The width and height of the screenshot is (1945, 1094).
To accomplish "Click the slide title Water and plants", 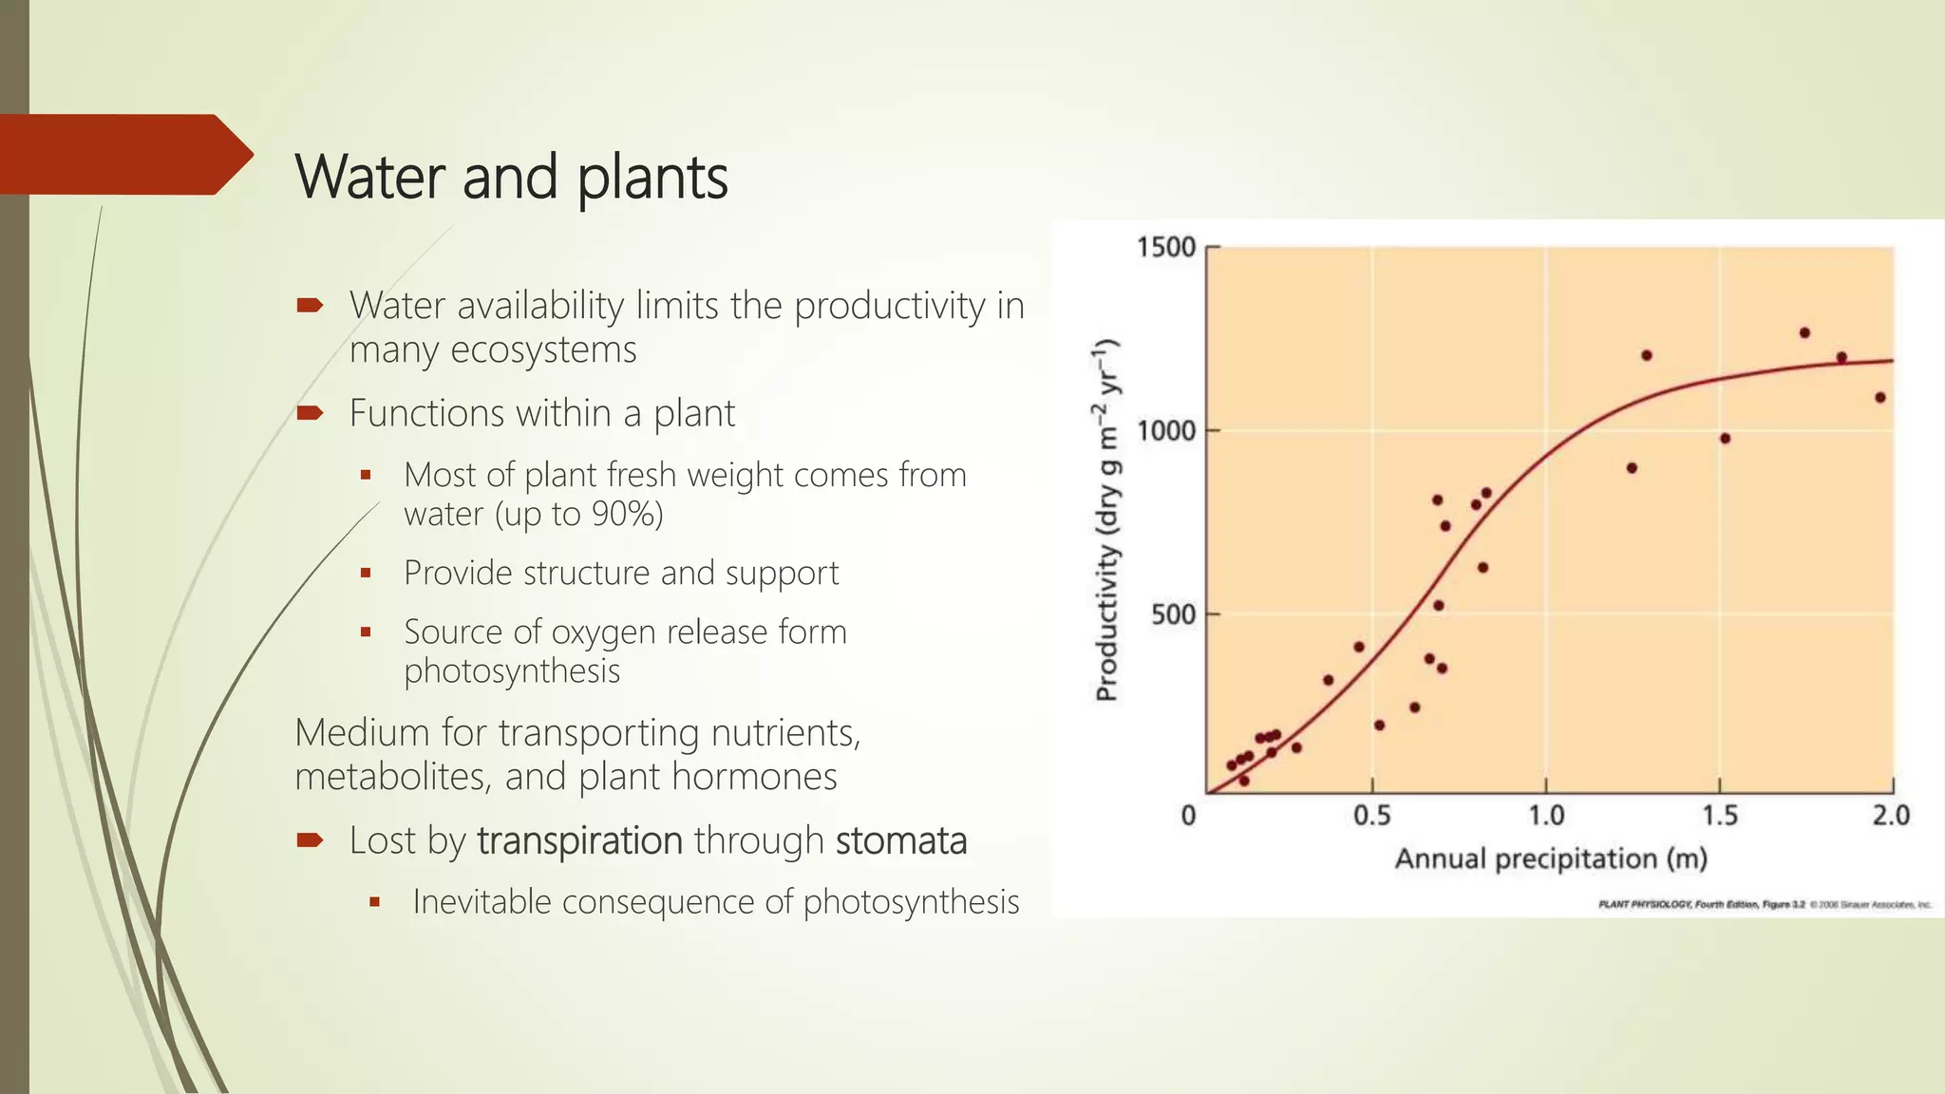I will [511, 177].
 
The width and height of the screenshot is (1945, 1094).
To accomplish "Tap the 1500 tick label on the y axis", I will [1165, 248].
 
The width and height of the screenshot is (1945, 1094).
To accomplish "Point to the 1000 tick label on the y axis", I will [1165, 431].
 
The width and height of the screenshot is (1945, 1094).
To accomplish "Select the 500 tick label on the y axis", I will [1172, 614].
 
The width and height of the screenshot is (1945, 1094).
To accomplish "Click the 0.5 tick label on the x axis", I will [1371, 816].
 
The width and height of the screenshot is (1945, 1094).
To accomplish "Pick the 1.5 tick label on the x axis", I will [1719, 816].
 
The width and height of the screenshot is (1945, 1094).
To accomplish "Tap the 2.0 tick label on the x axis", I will [1890, 816].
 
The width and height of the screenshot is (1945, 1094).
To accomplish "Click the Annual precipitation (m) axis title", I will [1550, 859].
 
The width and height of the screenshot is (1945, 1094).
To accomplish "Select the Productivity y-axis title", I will [1107, 520].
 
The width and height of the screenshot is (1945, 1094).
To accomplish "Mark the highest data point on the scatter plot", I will [1804, 333].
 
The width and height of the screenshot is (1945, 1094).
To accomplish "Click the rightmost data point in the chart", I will [1879, 398].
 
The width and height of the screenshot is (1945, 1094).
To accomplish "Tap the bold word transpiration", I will [579, 841].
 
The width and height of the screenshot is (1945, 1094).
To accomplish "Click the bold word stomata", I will [900, 841].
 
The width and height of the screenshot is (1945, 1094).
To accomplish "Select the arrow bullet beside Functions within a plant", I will [310, 413].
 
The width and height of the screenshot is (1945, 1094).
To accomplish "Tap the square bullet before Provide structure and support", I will [366, 574].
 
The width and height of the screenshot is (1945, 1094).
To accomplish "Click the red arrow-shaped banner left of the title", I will [123, 155].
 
